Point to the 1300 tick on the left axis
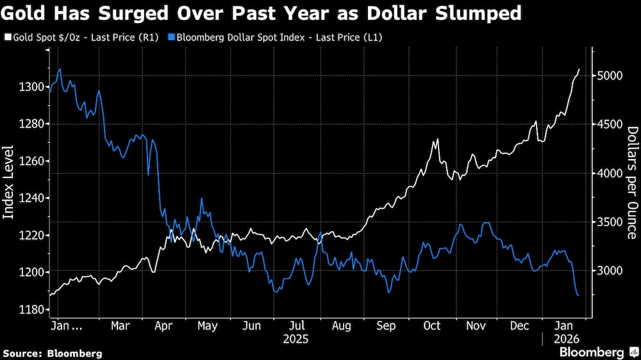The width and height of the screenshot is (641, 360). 31,86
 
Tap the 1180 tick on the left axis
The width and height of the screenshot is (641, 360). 31,309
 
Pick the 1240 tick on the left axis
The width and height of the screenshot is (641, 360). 31,198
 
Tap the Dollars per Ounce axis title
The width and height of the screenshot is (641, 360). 632,182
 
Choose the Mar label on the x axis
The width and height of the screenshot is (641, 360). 121,326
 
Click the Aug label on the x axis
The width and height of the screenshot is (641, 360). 342,326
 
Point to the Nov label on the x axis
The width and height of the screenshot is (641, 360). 475,326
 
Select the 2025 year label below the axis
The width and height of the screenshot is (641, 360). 296,338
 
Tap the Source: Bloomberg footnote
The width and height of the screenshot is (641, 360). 53,353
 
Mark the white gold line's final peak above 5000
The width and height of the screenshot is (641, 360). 579,69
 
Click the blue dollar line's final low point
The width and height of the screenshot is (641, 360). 579,295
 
